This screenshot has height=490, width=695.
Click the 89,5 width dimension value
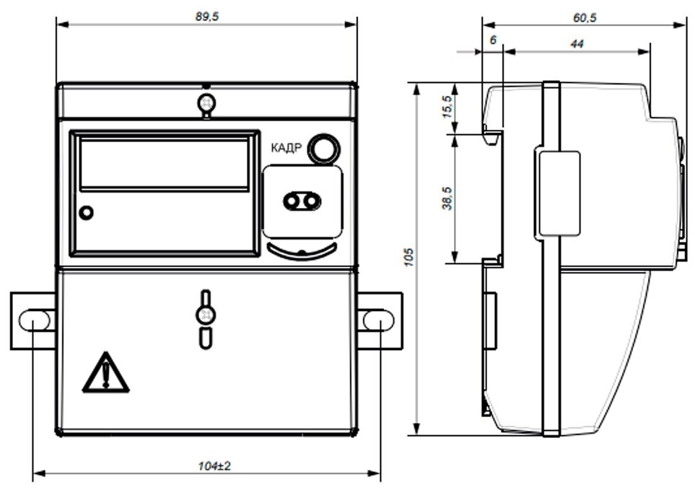207,17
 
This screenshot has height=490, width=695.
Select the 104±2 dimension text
214,466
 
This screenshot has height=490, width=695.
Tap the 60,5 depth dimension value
585,18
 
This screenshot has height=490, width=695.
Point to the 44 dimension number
577,44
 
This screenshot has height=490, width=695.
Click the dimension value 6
494,40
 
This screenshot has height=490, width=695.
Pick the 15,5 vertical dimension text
447,107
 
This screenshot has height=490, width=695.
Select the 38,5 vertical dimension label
447,198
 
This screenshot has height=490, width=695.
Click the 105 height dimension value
408,258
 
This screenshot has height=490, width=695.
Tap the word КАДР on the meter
287,147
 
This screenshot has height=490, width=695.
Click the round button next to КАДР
324,149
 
